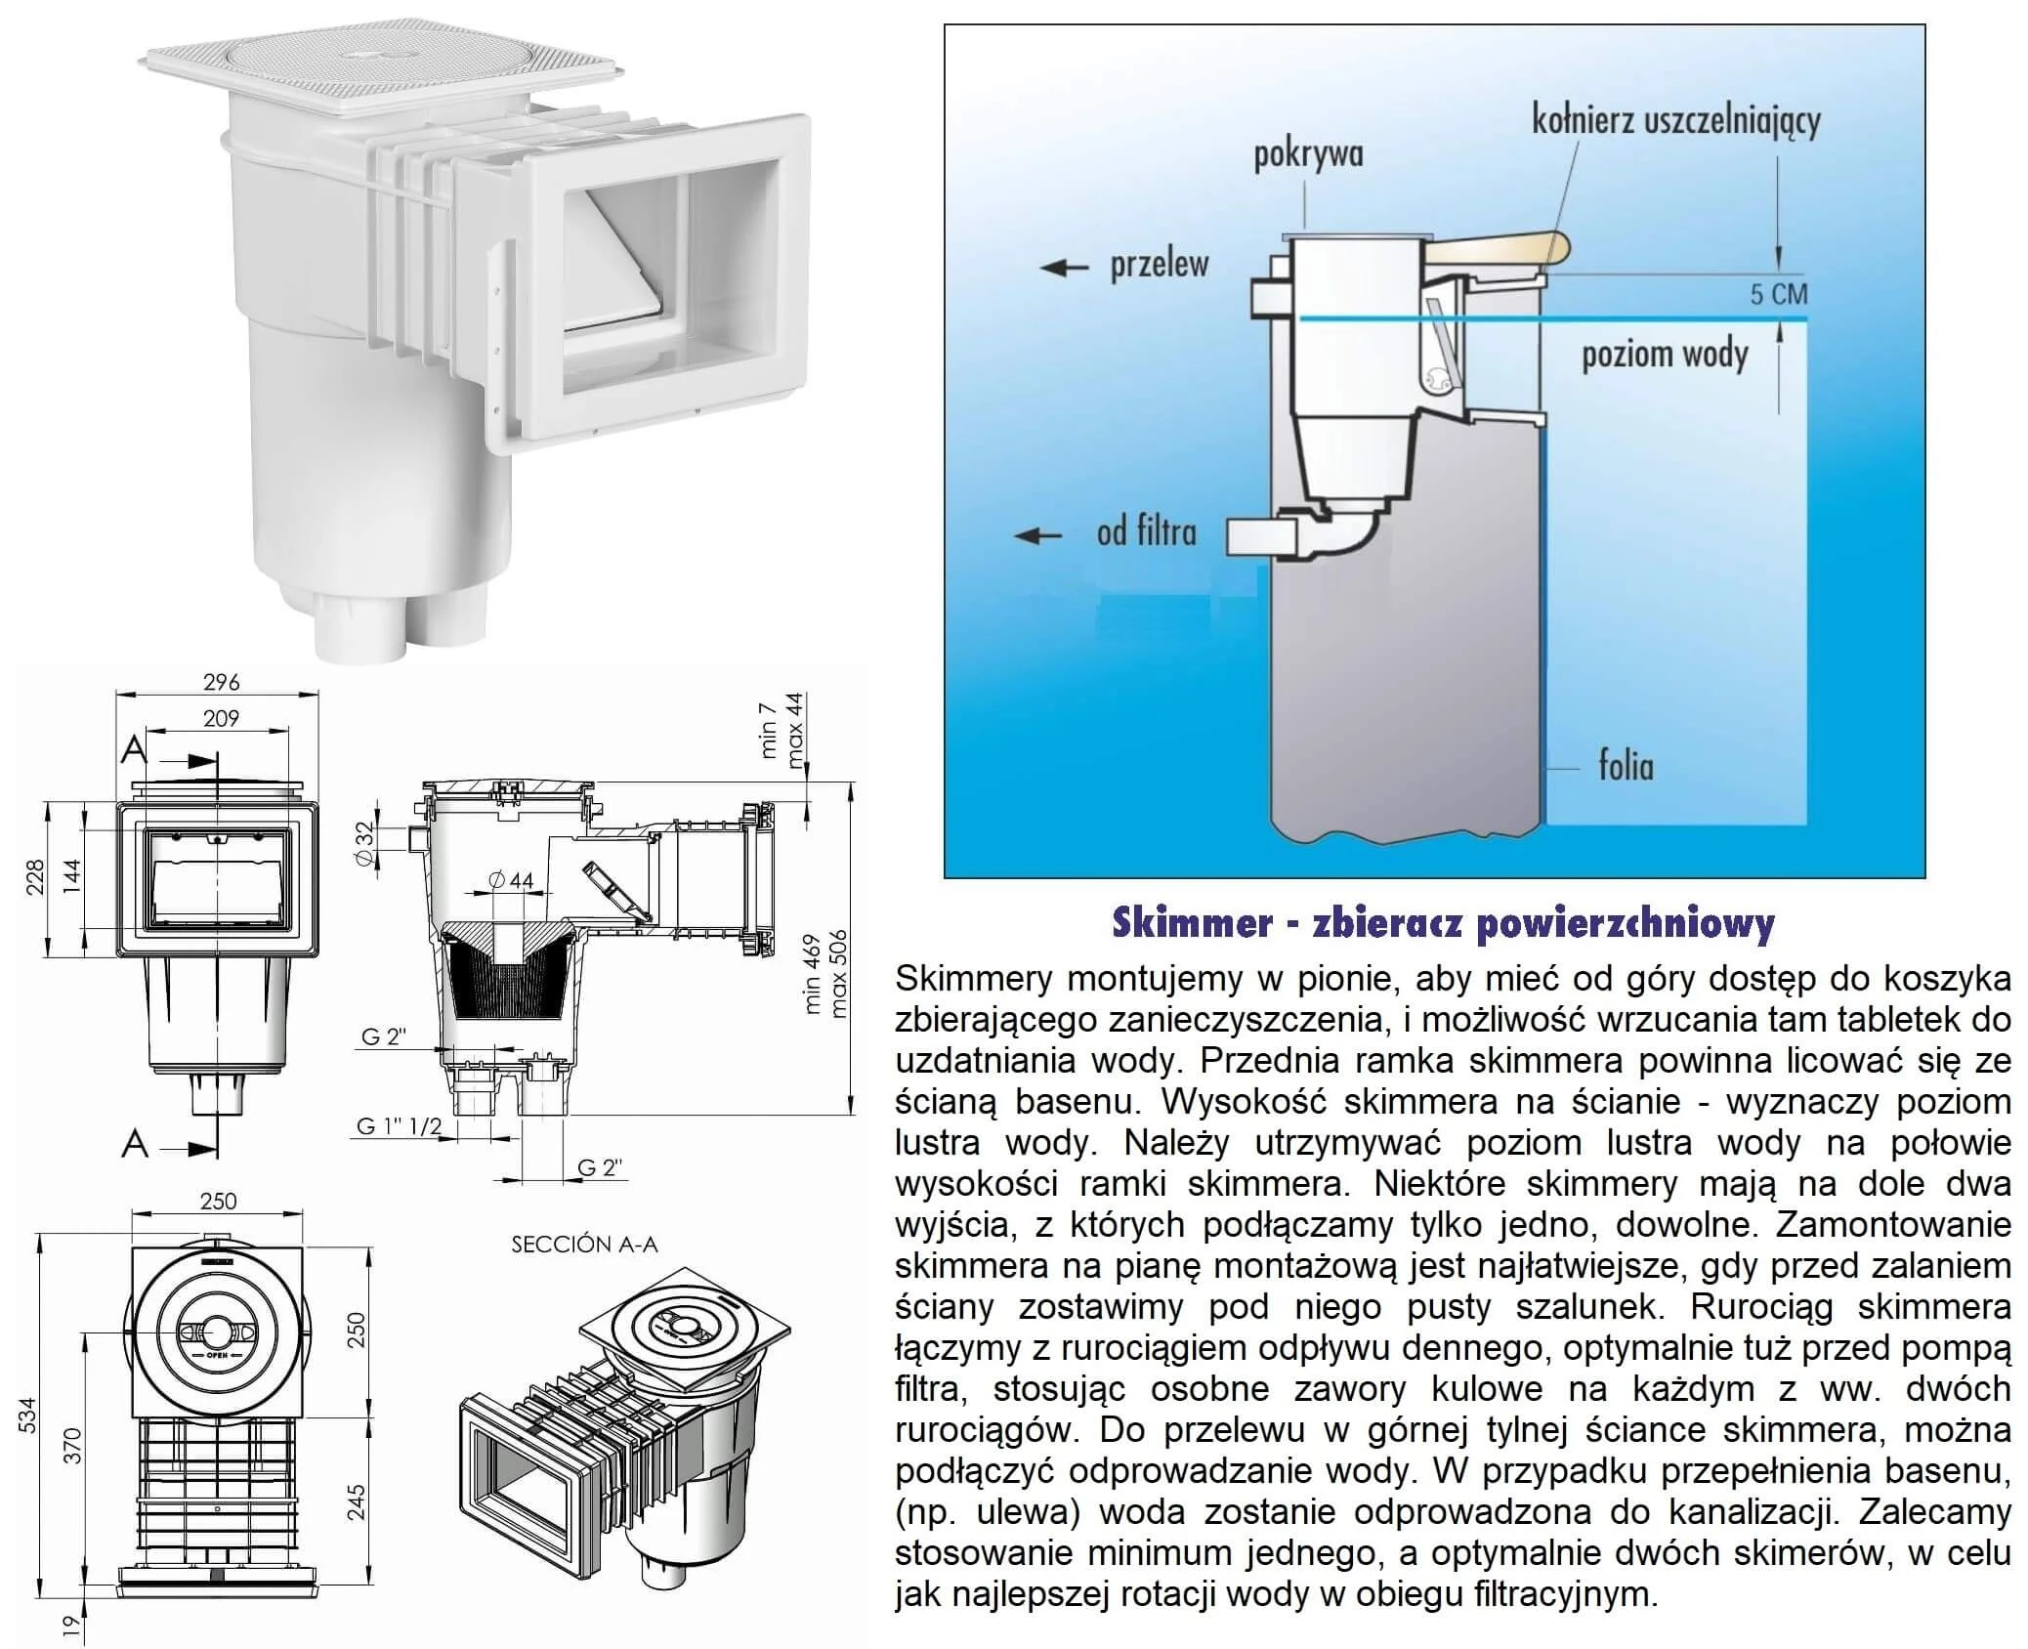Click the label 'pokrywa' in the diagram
pos(1308,155)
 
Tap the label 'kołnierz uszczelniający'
pos(1675,121)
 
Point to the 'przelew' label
pos(1160,265)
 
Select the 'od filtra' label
pos(1146,532)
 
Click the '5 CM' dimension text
pos(1778,294)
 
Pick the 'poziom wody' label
pos(1665,355)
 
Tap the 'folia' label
pos(1627,766)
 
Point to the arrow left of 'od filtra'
pos(1037,534)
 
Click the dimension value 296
pos(221,682)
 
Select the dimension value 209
pos(221,718)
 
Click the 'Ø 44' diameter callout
pos(511,880)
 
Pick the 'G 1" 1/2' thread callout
pos(399,1126)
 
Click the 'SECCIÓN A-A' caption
pos(584,1245)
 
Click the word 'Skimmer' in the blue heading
pos(1192,923)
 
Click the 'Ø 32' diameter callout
pos(363,842)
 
